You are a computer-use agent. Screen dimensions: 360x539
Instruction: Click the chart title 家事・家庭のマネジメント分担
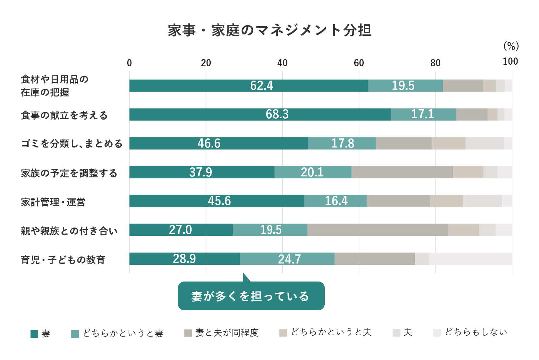click(x=269, y=30)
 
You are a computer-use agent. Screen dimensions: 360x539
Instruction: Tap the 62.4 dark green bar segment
click(x=249, y=85)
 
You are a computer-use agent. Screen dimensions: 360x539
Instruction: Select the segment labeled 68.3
click(x=260, y=114)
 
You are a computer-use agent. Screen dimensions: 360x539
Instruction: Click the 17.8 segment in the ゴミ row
click(x=342, y=143)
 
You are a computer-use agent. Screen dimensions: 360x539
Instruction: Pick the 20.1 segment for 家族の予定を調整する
click(x=313, y=172)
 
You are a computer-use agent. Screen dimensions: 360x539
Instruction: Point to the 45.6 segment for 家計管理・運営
click(x=217, y=201)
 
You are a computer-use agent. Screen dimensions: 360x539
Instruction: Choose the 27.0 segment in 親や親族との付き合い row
click(x=181, y=230)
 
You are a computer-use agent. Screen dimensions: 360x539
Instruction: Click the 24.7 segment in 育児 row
click(x=287, y=259)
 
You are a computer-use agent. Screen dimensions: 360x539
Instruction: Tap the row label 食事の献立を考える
click(x=64, y=115)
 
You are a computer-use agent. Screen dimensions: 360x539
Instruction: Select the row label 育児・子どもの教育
click(x=63, y=260)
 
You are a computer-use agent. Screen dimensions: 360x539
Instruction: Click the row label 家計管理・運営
click(x=53, y=202)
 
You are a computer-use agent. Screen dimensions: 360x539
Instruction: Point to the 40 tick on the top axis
click(x=282, y=63)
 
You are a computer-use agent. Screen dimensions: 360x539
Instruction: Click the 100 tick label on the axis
click(x=510, y=61)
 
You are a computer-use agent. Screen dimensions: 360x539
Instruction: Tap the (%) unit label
click(x=511, y=46)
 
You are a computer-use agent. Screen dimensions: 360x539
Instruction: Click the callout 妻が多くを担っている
click(x=251, y=296)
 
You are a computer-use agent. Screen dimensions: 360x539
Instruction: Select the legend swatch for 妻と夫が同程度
click(x=188, y=333)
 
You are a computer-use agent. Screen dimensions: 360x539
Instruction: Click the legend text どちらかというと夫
click(x=331, y=332)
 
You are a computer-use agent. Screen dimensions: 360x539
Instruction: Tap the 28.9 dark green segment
click(x=184, y=259)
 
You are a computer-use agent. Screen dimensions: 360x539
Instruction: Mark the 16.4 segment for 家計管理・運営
click(x=335, y=201)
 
